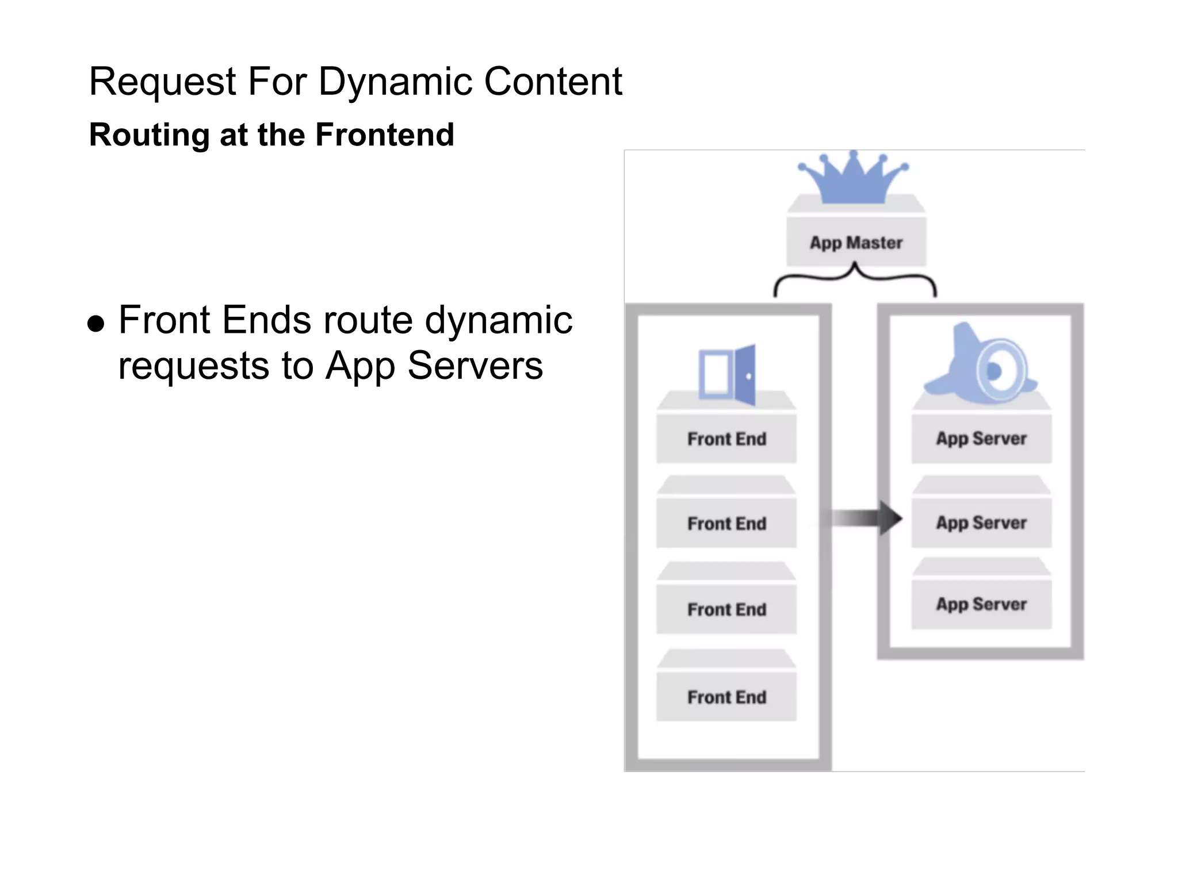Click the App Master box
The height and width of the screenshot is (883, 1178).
coord(856,242)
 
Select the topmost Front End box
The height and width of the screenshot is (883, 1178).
coord(726,439)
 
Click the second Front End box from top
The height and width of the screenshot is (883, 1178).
coord(726,523)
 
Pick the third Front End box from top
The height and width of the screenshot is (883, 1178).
coord(726,609)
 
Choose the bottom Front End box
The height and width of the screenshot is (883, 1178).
coord(726,697)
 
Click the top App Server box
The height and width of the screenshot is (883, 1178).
coord(981,438)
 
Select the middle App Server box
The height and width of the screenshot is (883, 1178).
coord(981,523)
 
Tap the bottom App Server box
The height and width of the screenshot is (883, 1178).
coord(981,604)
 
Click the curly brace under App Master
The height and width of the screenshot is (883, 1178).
coord(855,279)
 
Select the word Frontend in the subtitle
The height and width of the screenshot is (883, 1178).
coord(385,135)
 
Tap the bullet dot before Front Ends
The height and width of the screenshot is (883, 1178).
coord(96,324)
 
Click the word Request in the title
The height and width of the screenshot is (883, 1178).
coord(162,82)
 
